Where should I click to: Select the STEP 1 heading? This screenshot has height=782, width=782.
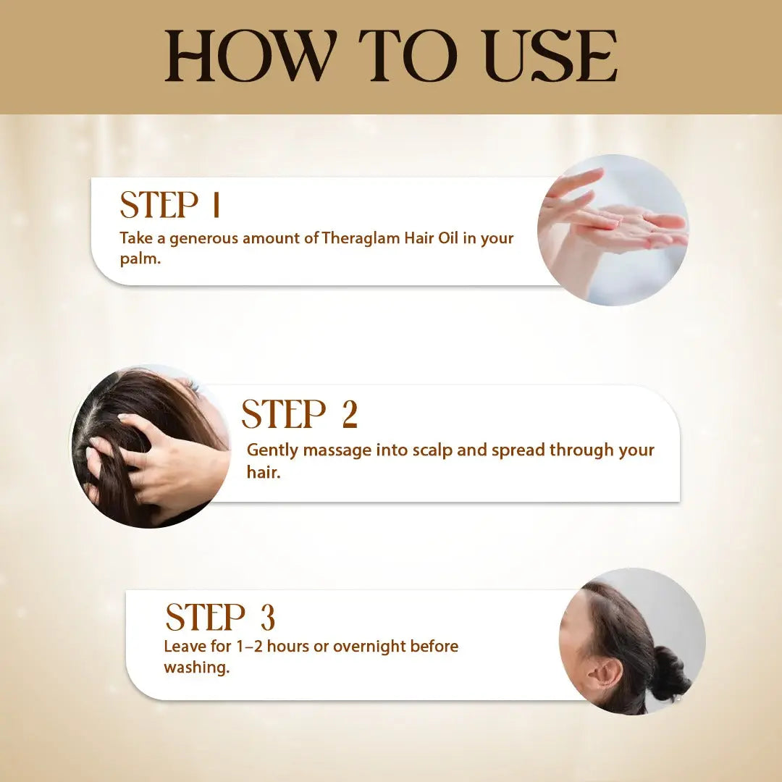[x=170, y=204]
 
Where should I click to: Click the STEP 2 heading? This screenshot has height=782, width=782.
[x=299, y=414]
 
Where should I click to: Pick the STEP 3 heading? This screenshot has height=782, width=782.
[x=220, y=617]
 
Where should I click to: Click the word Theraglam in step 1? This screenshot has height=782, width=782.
[x=361, y=238]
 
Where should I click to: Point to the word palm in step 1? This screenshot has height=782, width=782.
[x=140, y=259]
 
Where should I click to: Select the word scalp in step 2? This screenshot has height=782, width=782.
[x=432, y=450]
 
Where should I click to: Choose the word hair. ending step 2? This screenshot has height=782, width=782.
[x=264, y=471]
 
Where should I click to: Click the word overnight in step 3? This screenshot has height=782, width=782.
[x=369, y=647]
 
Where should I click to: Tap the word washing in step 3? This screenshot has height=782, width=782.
[x=196, y=668]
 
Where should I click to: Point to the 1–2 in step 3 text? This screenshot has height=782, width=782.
[x=249, y=646]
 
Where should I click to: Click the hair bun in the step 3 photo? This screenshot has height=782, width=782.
[x=669, y=672]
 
